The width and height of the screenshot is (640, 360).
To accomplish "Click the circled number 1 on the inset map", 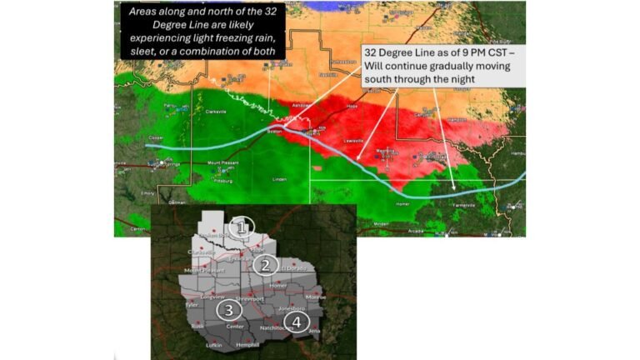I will (242, 227).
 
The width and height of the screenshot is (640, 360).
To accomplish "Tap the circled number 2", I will (266, 266).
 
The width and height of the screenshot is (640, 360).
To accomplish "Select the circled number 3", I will (229, 310).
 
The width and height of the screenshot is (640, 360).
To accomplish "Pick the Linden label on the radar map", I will (280, 179).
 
